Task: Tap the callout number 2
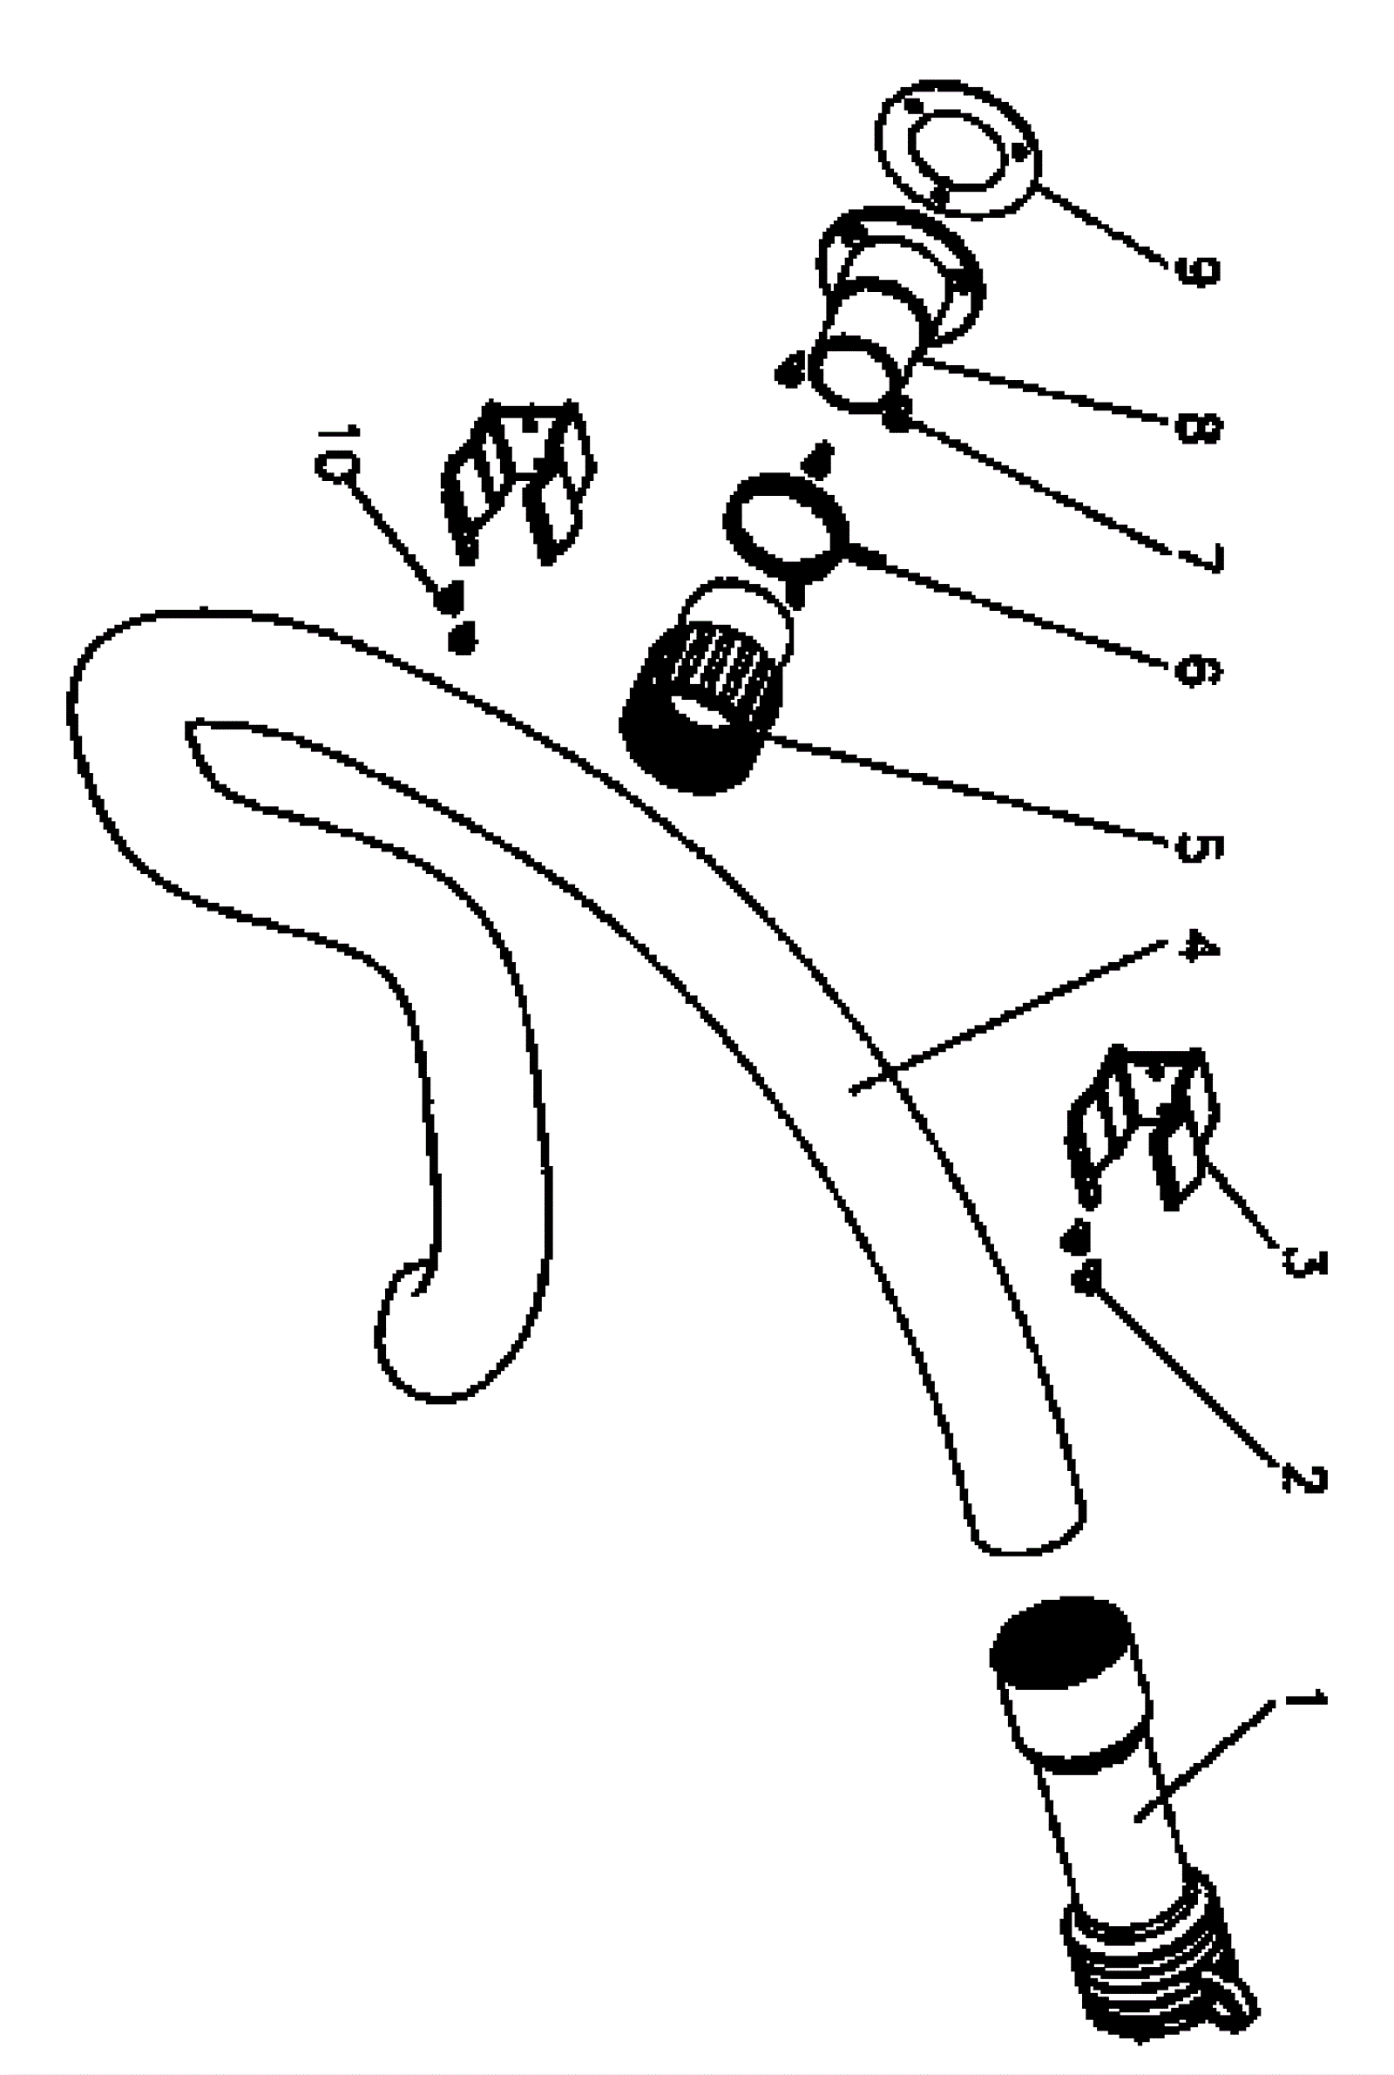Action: point(1304,1478)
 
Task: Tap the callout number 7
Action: point(1201,557)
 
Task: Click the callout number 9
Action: point(1197,269)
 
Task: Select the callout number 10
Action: point(338,452)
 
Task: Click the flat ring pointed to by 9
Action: point(958,149)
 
